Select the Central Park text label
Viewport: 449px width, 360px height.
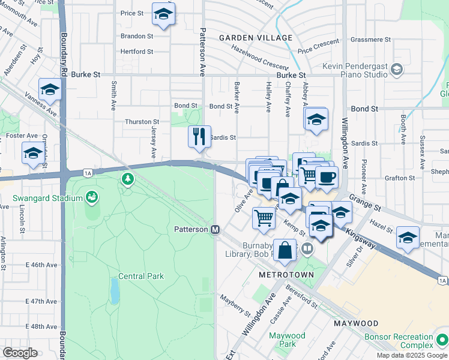pyautogui.click(x=141, y=277)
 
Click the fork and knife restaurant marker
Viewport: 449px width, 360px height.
pyautogui.click(x=199, y=136)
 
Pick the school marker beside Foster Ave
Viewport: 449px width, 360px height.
pyautogui.click(x=32, y=154)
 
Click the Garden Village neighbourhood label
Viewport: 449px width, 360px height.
pyautogui.click(x=256, y=38)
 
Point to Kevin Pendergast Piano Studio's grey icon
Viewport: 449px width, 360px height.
pyautogui.click(x=397, y=70)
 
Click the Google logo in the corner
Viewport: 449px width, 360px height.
pyautogui.click(x=20, y=352)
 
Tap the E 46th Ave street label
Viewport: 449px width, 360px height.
pyautogui.click(x=42, y=265)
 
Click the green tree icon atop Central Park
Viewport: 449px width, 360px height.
pyautogui.click(x=127, y=178)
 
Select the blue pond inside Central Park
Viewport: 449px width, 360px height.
pyautogui.click(x=114, y=291)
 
